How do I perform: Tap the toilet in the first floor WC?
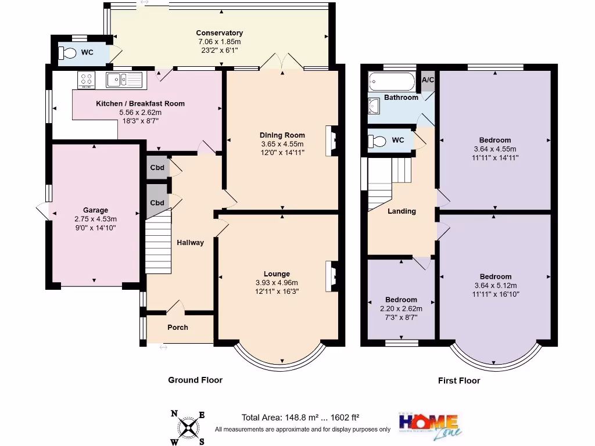377,141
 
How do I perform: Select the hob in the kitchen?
87,80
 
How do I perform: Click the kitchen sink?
124,80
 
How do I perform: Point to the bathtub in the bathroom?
391,82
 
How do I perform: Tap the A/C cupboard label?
428,80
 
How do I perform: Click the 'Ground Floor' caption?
195,380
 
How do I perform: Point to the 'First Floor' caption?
459,381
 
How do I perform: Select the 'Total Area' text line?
300,417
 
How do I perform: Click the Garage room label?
95,210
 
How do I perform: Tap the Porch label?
178,328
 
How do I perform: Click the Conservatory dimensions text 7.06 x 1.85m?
219,42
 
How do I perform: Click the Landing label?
402,211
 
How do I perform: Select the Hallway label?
191,243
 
